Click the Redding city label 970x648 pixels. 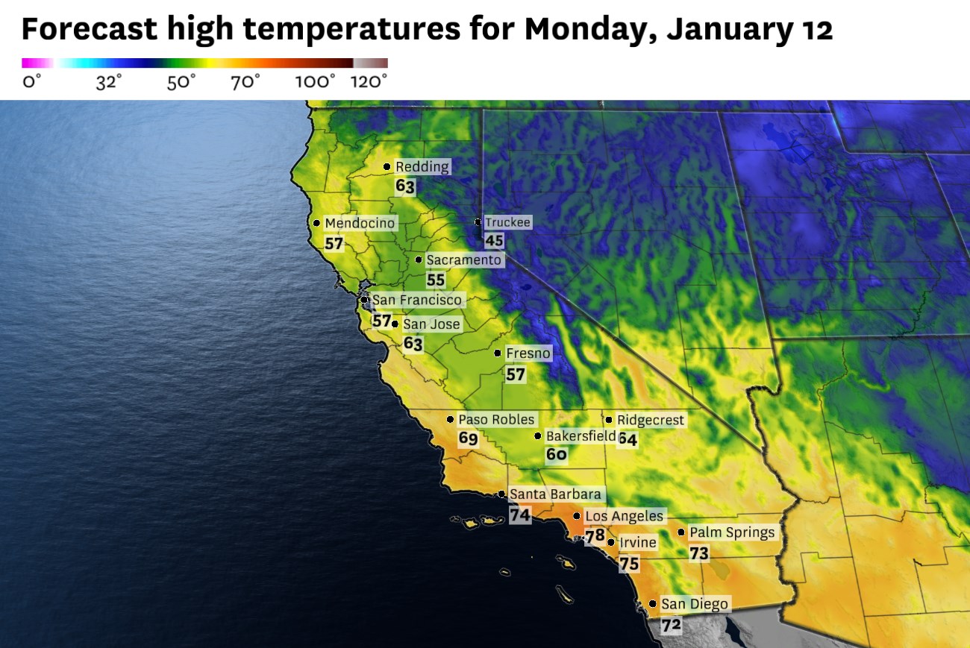(422, 167)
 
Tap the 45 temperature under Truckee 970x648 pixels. (494, 240)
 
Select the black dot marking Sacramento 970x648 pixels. (419, 260)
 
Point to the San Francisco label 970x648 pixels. (418, 300)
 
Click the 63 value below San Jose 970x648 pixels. (413, 344)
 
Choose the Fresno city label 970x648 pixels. (528, 353)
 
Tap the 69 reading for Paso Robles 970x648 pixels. (468, 438)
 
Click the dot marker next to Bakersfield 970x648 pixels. (538, 436)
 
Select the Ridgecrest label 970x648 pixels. (650, 421)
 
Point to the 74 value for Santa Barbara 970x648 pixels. (520, 515)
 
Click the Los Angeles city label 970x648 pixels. (624, 516)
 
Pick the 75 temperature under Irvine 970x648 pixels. (629, 564)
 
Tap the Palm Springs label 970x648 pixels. (732, 532)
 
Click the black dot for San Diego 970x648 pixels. (653, 604)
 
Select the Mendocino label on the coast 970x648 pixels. (360, 223)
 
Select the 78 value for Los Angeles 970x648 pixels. (595, 536)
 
